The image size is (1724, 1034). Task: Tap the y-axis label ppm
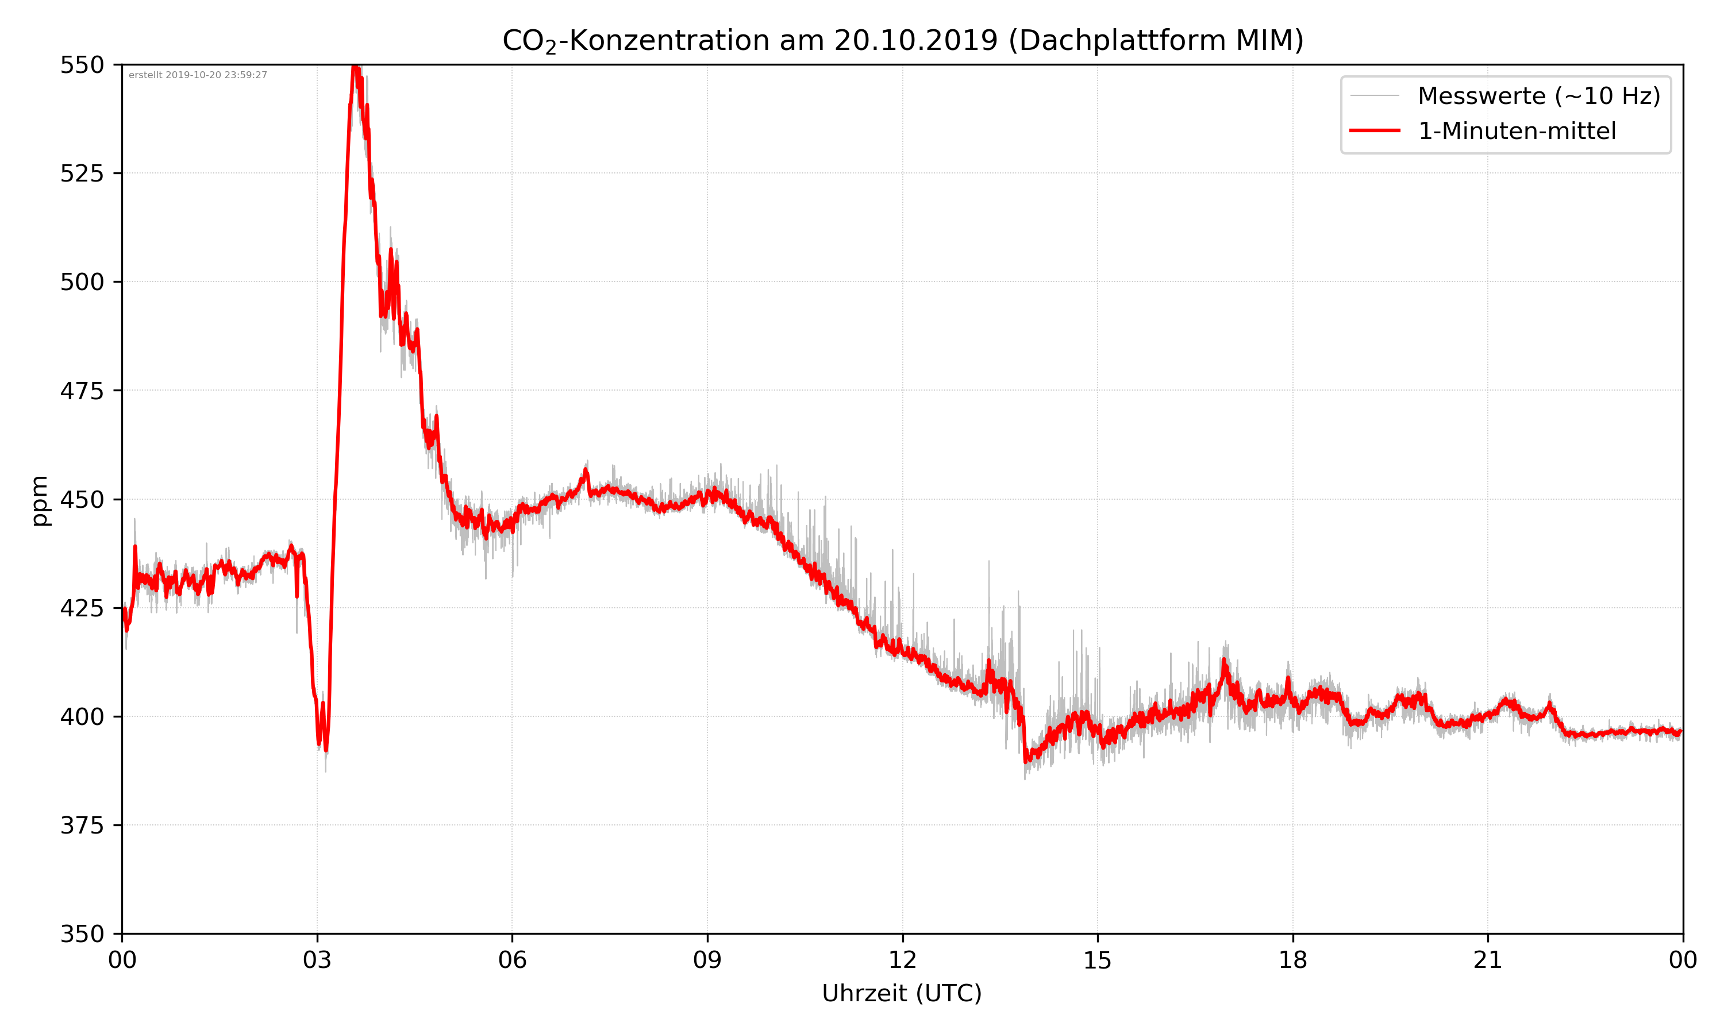[x=40, y=500]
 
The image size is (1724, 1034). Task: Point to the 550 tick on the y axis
[x=82, y=65]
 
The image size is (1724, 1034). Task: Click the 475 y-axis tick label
[x=82, y=391]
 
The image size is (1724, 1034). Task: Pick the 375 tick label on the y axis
[x=82, y=825]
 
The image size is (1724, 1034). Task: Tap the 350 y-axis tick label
[x=82, y=935]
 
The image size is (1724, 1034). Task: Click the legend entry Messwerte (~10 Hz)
[x=1538, y=96]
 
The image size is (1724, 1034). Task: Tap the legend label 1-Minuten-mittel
[x=1517, y=131]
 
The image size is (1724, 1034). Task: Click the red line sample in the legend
[x=1374, y=130]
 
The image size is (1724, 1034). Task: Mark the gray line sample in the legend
[x=1374, y=95]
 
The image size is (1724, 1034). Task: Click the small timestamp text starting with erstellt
[x=198, y=75]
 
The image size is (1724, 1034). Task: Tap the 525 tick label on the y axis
[x=82, y=173]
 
